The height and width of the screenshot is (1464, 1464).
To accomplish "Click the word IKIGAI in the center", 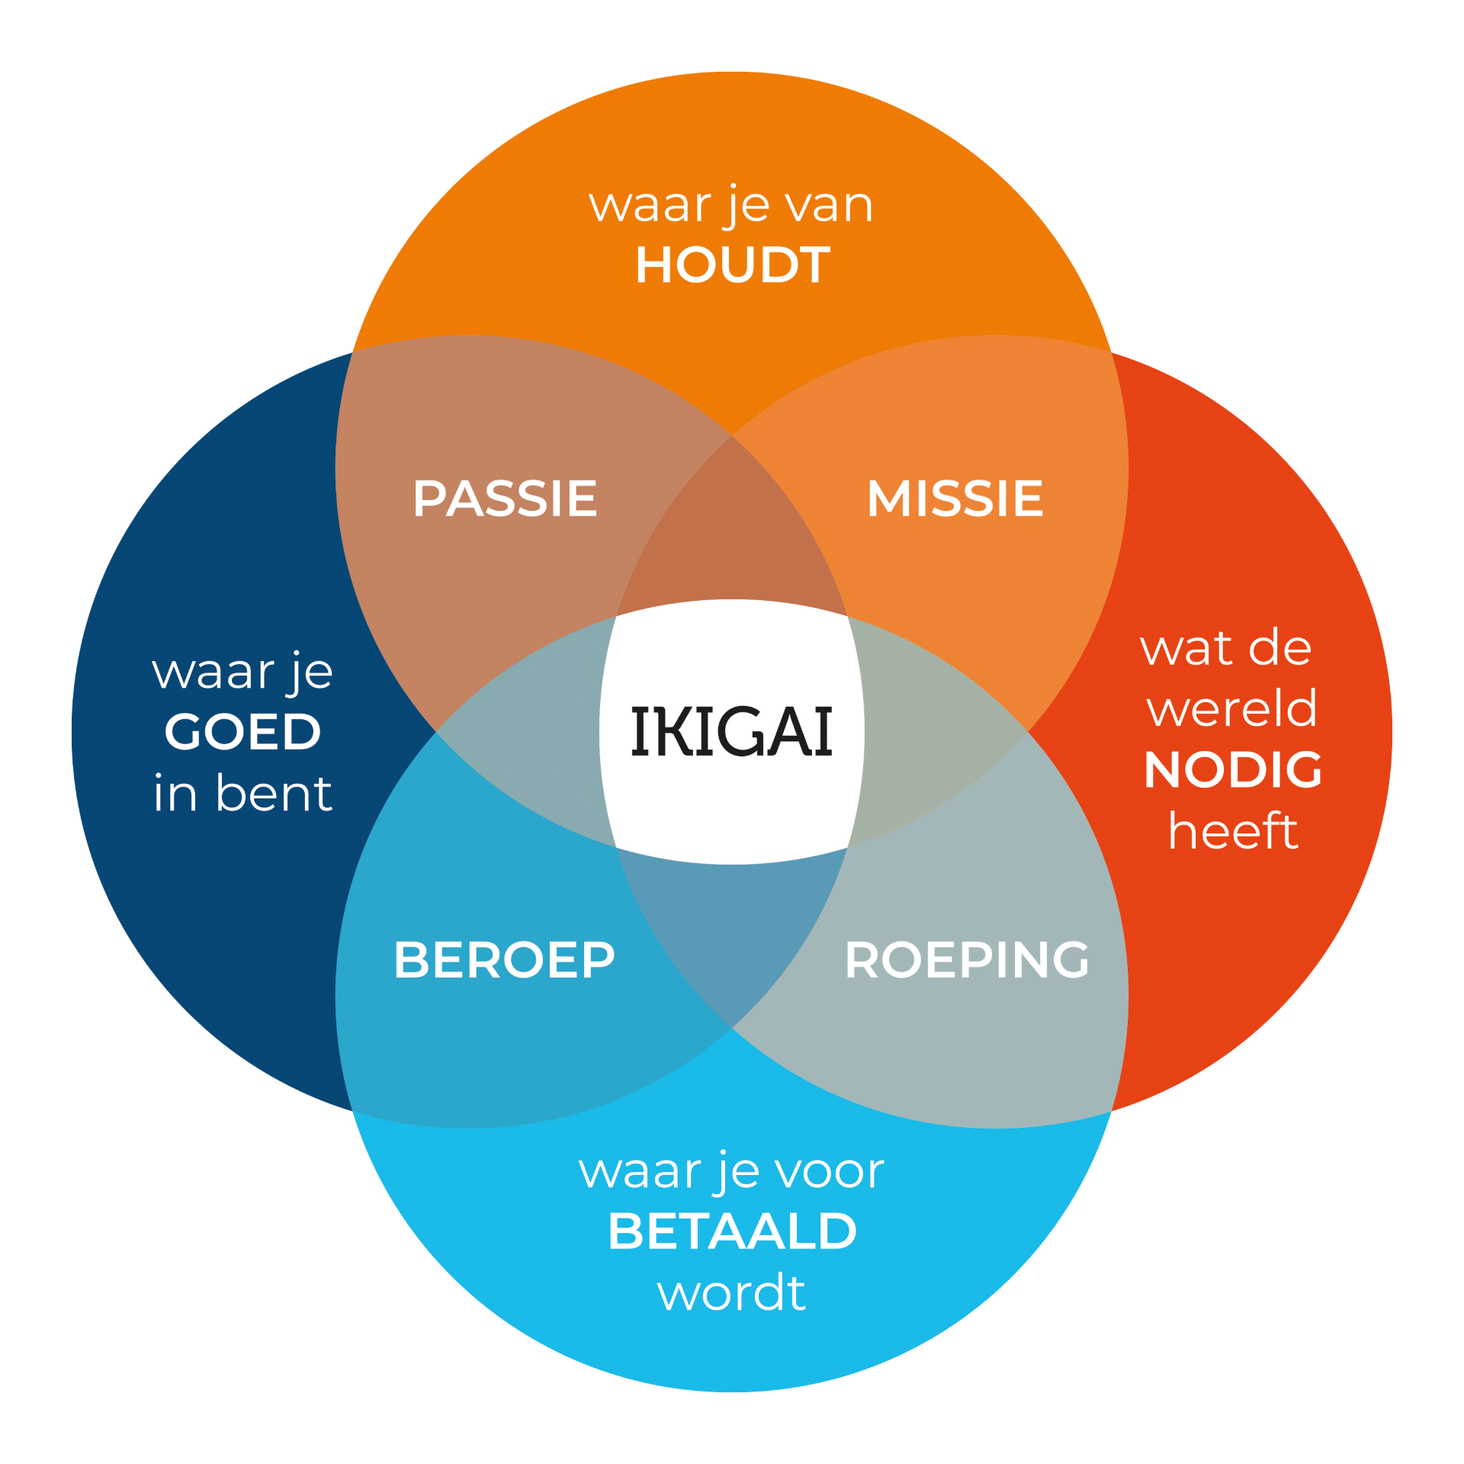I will pyautogui.click(x=731, y=732).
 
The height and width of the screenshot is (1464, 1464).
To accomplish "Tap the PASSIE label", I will pyautogui.click(x=505, y=499).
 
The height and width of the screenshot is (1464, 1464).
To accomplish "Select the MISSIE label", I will pyautogui.click(x=955, y=499).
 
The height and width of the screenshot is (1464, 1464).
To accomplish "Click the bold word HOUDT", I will pyautogui.click(x=732, y=265).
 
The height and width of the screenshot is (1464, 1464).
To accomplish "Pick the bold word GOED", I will pyautogui.click(x=242, y=732).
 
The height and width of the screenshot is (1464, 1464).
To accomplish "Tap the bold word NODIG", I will pyautogui.click(x=1233, y=769).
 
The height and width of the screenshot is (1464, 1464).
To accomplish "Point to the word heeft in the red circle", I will pyautogui.click(x=1233, y=830).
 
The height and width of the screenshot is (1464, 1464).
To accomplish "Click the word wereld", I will pyautogui.click(x=1232, y=708).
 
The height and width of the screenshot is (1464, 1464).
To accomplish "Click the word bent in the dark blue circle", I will pyautogui.click(x=274, y=793).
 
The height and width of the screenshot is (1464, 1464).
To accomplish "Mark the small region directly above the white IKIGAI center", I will pyautogui.click(x=732, y=534).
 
